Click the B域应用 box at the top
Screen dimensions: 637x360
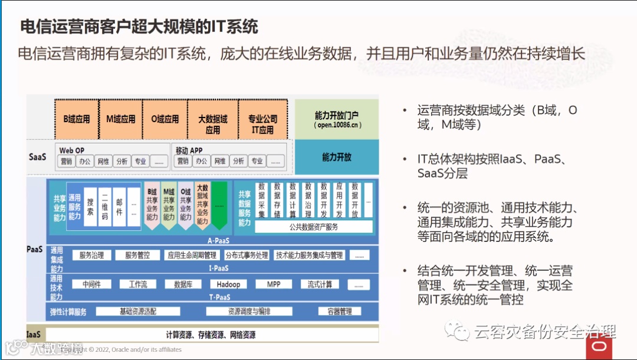(77, 119)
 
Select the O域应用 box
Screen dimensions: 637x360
(165, 119)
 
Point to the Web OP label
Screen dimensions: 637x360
(72, 150)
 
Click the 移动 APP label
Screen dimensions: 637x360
(189, 150)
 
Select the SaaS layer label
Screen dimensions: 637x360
(37, 157)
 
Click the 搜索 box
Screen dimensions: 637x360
(90, 204)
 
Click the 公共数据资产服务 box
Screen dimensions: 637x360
(313, 227)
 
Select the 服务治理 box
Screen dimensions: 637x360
(91, 256)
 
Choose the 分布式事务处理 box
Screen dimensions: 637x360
(247, 256)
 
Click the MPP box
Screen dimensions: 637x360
(274, 284)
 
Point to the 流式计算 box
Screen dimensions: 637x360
(320, 284)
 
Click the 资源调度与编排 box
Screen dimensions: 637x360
(249, 312)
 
